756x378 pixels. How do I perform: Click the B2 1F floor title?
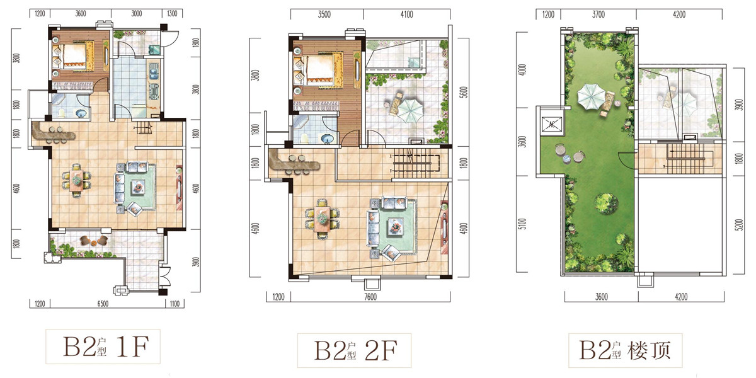(106, 346)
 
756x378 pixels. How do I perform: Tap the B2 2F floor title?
(356, 351)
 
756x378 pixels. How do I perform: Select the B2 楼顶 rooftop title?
(625, 351)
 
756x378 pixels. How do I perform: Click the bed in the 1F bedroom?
(74, 55)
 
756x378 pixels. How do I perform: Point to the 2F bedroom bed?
(319, 70)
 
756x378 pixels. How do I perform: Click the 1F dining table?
(77, 181)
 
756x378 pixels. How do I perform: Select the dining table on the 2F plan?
(323, 219)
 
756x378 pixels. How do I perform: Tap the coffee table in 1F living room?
(139, 186)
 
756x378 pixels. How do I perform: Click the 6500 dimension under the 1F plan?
(103, 304)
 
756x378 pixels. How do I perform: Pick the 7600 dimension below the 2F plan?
(370, 297)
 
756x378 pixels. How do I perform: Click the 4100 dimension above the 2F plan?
(407, 14)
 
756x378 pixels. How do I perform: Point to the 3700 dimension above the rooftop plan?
(598, 14)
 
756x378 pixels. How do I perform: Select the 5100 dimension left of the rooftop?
(522, 224)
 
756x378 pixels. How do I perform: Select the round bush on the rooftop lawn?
(607, 203)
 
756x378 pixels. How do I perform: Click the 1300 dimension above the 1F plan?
(172, 13)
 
